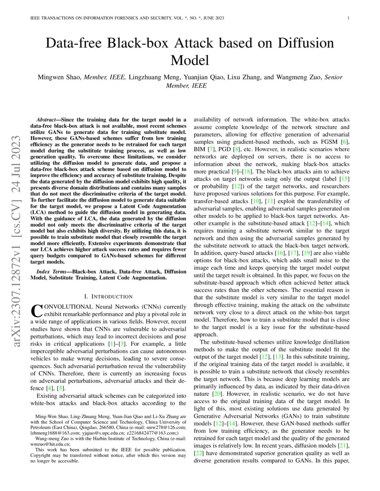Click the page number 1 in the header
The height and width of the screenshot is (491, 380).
pyautogui.click(x=348, y=18)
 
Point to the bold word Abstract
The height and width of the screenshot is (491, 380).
pyautogui.click(x=47, y=120)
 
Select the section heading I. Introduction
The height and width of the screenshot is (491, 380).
pyautogui.click(x=108, y=296)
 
